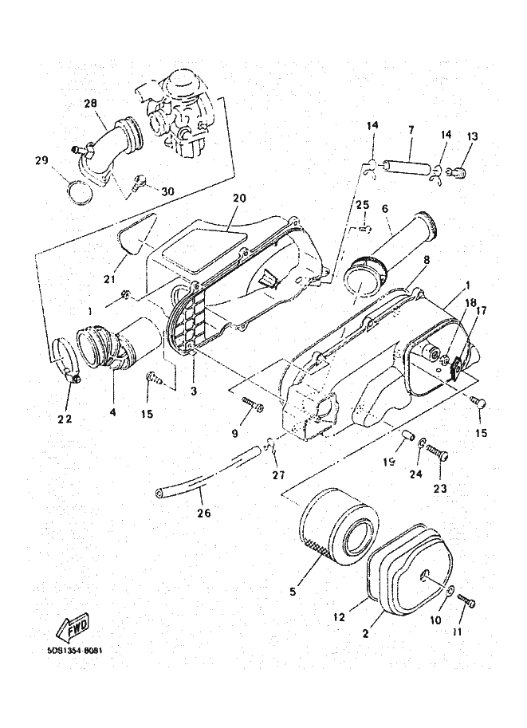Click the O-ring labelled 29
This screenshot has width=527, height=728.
pos(77,193)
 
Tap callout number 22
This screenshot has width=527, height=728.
pos(64,419)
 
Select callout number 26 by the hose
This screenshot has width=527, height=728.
pos(204,513)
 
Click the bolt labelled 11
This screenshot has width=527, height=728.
pos(467,604)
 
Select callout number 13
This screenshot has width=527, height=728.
pos(472,136)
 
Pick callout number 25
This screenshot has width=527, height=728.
pos(362,205)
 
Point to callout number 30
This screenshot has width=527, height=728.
pos(167,191)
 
